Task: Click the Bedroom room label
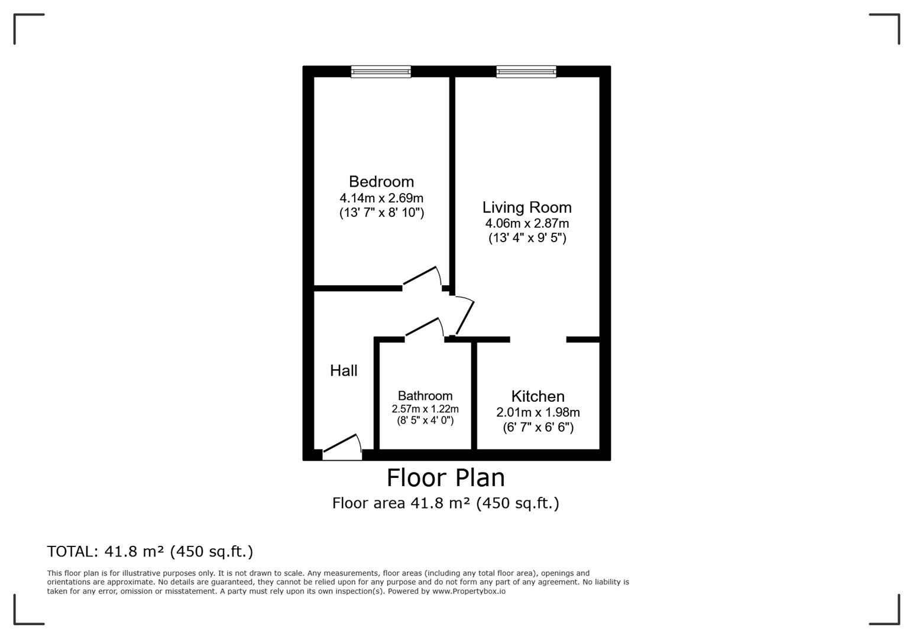pos(381,181)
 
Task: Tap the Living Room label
pos(527,207)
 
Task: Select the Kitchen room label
pos(538,396)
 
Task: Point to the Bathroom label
pos(425,396)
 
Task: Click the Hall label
pos(344,370)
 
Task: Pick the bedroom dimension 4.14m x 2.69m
pos(381,198)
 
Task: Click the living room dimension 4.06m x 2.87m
pos(527,223)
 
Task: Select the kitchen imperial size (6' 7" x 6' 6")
pos(538,427)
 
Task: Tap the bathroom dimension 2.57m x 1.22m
pos(425,409)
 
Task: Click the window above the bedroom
pos(381,71)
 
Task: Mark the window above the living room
pos(526,71)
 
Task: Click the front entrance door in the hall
pos(342,448)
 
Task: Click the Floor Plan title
pos(445,477)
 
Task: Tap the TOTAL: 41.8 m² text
pos(150,551)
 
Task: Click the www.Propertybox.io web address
pos(468,591)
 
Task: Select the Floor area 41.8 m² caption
pos(445,503)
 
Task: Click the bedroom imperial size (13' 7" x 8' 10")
pos(381,213)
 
